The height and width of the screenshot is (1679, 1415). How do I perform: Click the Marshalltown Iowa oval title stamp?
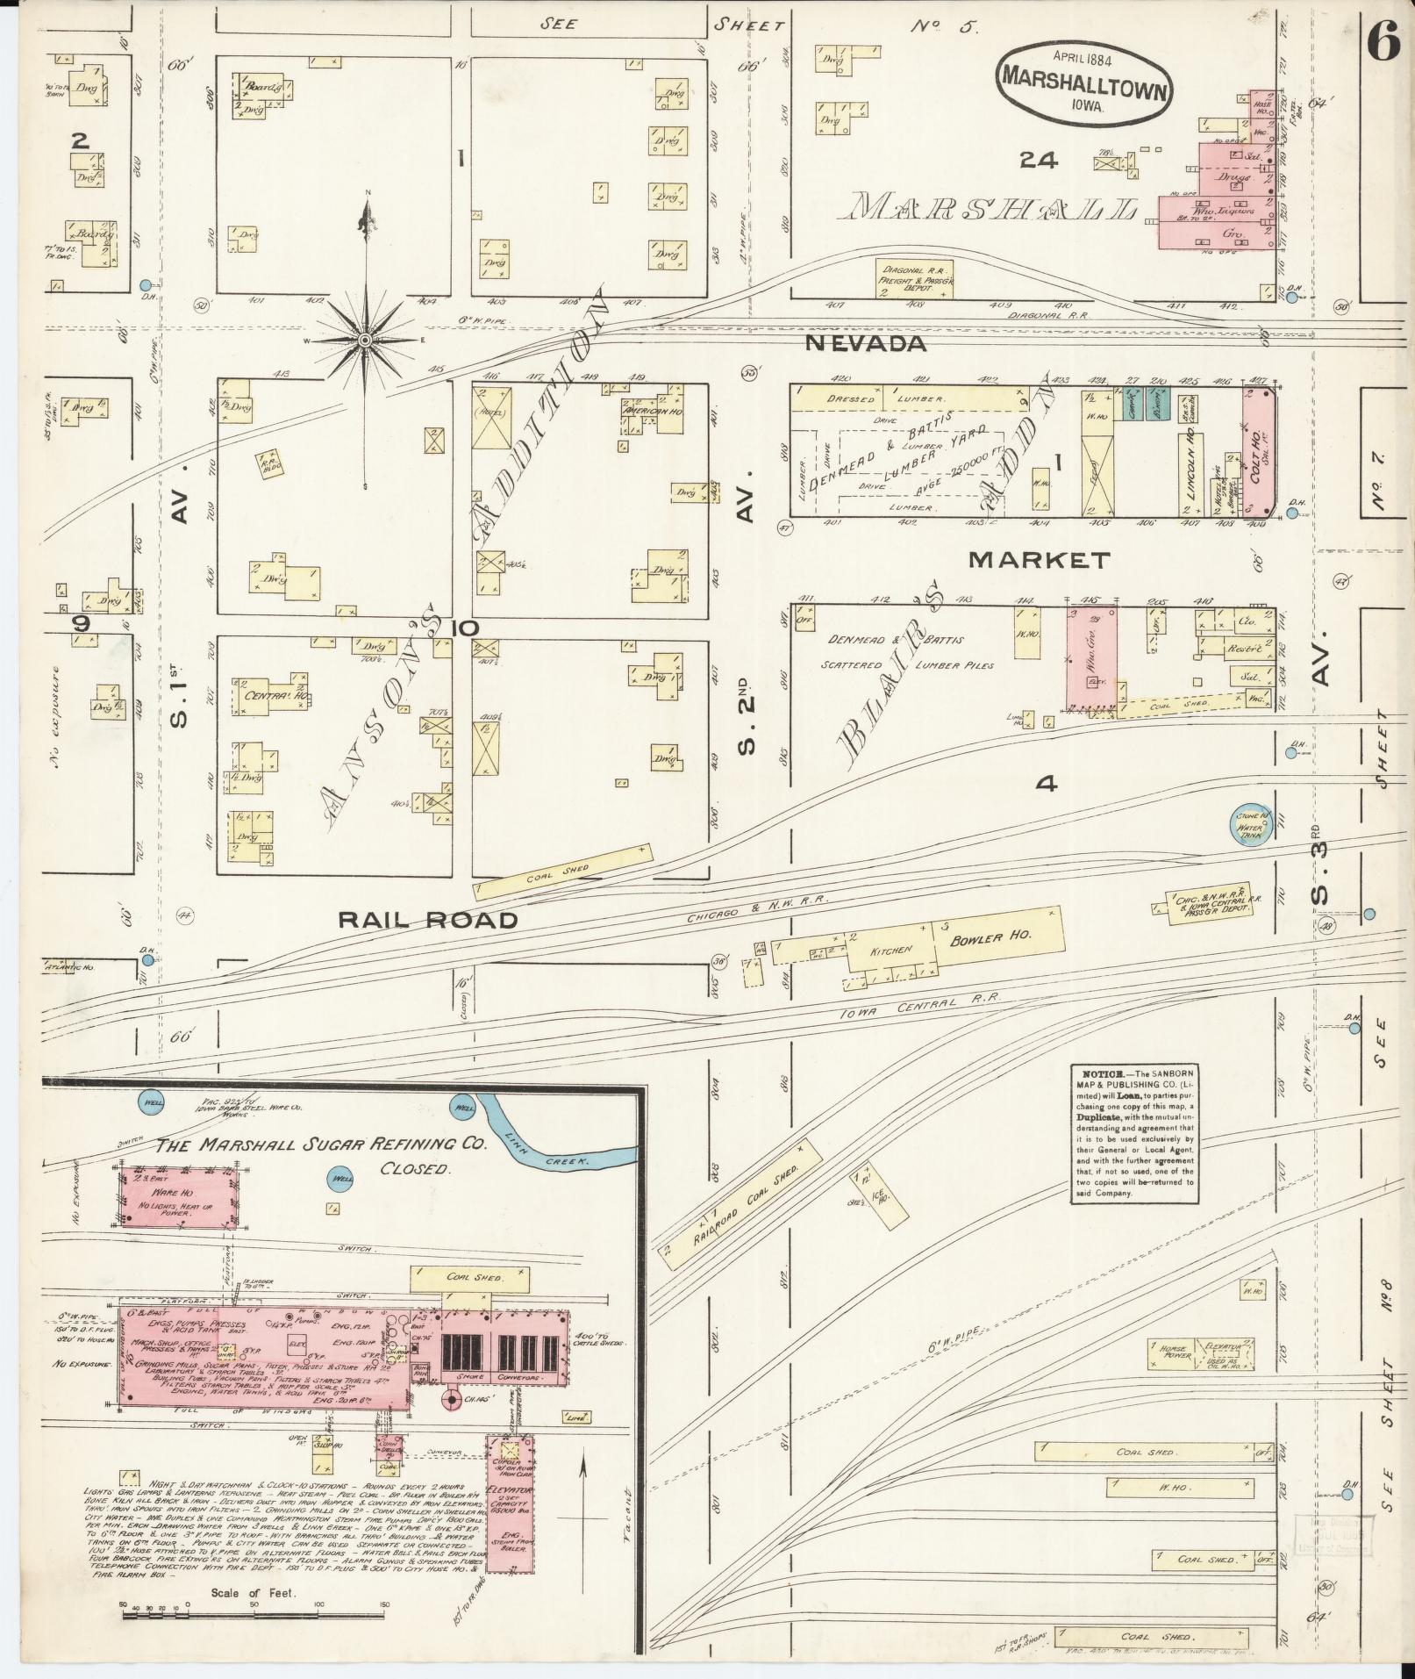click(1084, 81)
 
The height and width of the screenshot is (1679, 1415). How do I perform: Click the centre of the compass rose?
click(364, 340)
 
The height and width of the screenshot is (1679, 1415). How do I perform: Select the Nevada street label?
click(865, 344)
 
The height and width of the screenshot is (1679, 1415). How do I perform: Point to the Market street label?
click(1040, 559)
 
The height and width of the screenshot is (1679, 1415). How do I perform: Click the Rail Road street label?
click(428, 920)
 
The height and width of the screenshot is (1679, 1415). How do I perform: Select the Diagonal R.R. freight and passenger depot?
click(914, 279)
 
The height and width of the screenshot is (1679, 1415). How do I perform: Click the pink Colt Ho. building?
click(1257, 454)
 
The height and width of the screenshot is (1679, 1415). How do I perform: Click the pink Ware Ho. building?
click(179, 1198)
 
